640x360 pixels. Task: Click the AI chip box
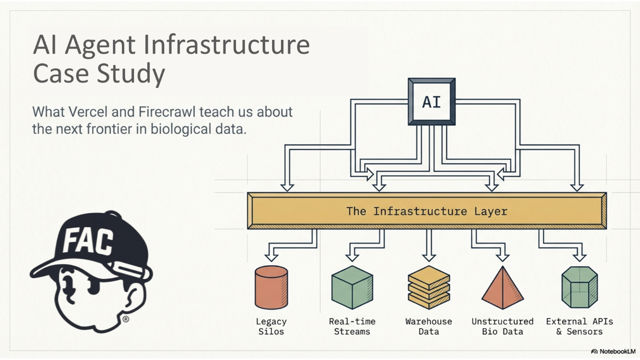tap(431, 101)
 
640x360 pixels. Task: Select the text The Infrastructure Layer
tap(426, 211)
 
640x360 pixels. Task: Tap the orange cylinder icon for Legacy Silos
tap(271, 287)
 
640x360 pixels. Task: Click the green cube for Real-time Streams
tap(352, 287)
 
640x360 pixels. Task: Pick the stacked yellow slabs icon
tap(429, 287)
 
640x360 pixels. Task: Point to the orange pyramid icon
tap(502, 288)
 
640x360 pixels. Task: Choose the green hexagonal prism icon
tap(579, 287)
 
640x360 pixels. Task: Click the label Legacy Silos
tap(271, 326)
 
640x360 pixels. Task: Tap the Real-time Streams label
tap(352, 326)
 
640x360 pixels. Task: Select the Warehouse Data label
tap(428, 326)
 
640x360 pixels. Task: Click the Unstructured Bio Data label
tap(502, 326)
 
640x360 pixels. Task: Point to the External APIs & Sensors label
tap(579, 326)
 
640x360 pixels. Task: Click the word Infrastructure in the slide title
tap(226, 45)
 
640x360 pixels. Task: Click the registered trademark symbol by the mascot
tap(126, 319)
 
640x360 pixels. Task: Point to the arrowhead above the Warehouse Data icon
tap(429, 256)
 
